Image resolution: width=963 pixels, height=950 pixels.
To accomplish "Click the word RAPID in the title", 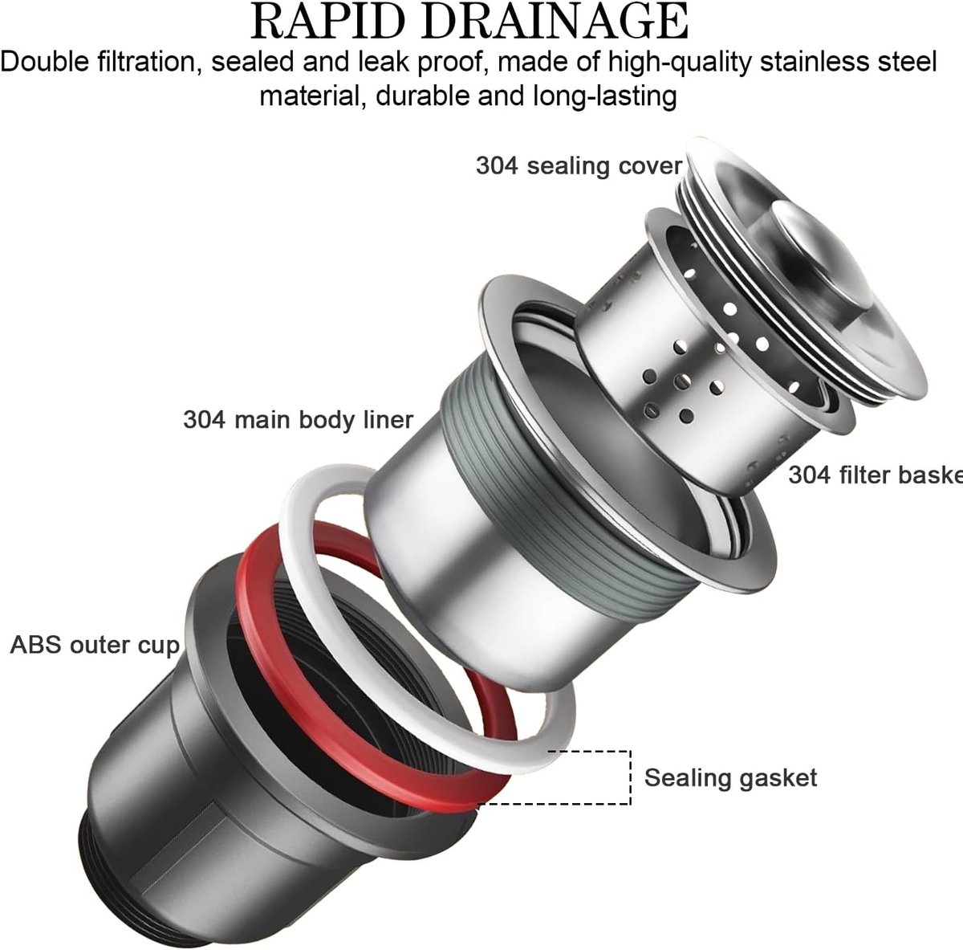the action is point(331,22).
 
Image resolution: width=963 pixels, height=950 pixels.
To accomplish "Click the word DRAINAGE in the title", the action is point(555,22).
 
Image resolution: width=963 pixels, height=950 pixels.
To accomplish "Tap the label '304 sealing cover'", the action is point(579,165).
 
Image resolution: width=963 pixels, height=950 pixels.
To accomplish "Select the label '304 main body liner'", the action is point(298,419).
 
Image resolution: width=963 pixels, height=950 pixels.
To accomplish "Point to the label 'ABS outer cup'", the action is point(95,646).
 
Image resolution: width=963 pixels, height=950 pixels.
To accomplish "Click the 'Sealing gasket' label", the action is point(730,777).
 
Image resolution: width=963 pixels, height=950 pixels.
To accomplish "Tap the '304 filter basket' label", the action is point(876,475).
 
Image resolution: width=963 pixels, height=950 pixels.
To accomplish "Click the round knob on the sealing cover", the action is point(819,250).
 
